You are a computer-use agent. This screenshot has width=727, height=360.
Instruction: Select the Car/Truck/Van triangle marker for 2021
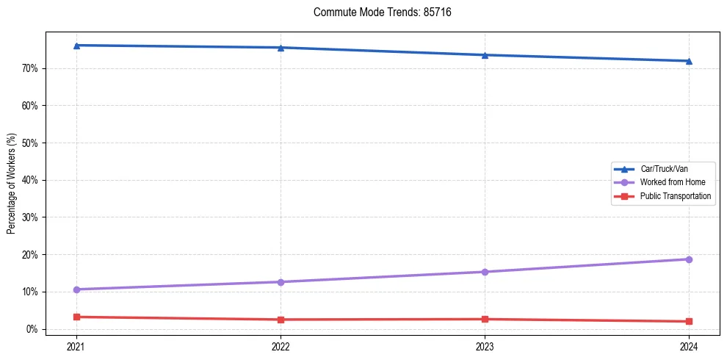77,46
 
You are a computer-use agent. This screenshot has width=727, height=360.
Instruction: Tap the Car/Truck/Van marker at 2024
689,61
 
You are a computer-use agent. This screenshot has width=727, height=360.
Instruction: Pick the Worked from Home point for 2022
281,282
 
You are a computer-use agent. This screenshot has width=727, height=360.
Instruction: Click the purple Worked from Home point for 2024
689,259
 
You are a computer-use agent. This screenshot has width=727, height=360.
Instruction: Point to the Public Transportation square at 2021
77,317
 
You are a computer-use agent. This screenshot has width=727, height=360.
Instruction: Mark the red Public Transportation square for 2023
485,319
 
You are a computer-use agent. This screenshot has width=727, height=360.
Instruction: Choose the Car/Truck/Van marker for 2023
485,55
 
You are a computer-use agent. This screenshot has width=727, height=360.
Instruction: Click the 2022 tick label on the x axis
281,346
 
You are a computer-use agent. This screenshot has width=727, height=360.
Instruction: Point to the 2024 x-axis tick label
689,346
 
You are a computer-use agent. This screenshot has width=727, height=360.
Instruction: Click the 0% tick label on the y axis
32,329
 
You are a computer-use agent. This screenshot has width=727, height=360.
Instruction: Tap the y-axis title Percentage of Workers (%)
11,184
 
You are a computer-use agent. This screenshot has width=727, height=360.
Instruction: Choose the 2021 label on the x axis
77,346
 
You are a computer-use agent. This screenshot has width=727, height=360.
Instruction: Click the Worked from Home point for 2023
485,272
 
